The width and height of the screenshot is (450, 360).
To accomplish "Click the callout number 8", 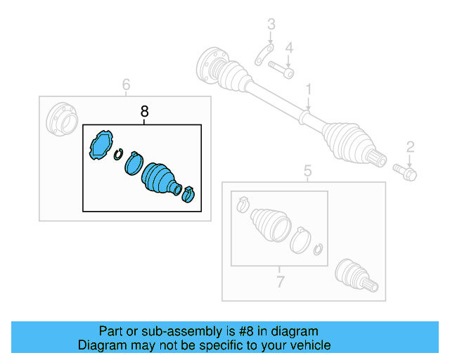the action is coord(145,111).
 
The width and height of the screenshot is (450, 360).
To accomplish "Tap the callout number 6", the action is coord(127,84).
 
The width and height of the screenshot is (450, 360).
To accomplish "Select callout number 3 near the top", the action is coord(271,24).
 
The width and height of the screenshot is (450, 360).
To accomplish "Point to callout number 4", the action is coord(289,48).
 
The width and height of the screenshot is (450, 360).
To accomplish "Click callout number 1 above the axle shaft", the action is coord(309,89).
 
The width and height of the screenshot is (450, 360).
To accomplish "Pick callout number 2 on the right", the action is coord(411,147).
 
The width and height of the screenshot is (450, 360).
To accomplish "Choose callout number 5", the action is coord(307,171).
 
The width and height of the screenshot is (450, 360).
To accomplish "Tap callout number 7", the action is coord(280,282).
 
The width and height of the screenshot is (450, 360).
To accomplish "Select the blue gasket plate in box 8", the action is coord(101,145).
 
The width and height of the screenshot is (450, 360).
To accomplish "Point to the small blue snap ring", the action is coord(117,155).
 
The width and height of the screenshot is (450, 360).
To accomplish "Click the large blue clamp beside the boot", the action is coord(134,163).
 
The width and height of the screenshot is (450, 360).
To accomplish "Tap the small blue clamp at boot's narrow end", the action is coord(188,194).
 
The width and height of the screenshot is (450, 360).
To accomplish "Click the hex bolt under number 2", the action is coord(405,172).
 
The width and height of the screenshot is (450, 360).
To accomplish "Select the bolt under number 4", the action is coord(281,69).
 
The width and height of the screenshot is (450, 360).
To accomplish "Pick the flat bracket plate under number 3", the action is coord(264,55).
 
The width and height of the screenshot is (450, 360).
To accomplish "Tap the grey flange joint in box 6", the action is coord(62,119).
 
